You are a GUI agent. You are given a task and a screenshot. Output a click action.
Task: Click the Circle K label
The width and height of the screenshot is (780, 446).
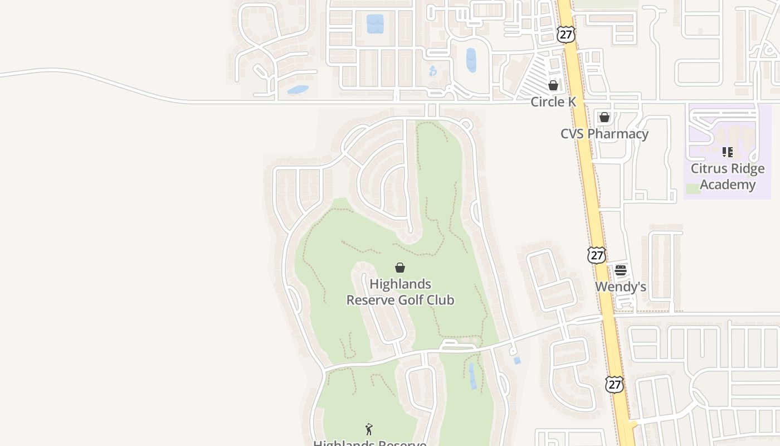tap(553, 101)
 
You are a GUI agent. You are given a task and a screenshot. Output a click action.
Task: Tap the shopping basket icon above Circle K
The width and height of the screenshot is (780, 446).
tap(553, 85)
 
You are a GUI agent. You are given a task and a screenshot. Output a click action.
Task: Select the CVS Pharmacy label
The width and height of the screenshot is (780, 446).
tap(604, 134)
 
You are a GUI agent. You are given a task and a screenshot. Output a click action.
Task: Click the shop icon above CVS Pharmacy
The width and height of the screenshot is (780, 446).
tap(604, 117)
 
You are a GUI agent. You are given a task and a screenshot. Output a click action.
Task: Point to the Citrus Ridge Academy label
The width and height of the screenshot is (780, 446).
tap(728, 176)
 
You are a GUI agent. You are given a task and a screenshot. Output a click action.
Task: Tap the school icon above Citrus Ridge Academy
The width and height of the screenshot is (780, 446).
tap(727, 152)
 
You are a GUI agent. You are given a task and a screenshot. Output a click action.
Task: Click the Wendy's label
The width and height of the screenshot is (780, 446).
tap(620, 287)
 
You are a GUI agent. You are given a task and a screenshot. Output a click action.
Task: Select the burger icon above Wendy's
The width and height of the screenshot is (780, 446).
tap(621, 270)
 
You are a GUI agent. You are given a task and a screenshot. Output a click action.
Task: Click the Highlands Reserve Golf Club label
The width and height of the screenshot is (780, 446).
tap(400, 292)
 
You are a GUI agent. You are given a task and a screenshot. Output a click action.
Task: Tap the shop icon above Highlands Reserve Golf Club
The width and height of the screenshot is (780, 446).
tap(400, 268)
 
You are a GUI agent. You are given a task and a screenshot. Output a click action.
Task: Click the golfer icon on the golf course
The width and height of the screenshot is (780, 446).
tap(369, 429)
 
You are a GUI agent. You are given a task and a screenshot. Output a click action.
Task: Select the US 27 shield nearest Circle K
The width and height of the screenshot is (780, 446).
tap(565, 34)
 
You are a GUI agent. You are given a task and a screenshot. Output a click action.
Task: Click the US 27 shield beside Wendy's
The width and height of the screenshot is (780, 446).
tap(596, 255)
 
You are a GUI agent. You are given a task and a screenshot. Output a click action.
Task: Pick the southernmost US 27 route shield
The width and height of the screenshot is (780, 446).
tap(614, 384)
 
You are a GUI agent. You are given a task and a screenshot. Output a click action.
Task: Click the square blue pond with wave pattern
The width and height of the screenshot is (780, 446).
tap(375, 24)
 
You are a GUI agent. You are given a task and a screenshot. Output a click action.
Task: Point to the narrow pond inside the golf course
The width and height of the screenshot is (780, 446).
tap(472, 376)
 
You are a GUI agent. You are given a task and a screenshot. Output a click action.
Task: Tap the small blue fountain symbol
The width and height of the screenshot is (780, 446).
tap(433, 71)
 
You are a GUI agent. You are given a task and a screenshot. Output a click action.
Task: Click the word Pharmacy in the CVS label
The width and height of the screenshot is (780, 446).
tap(621, 134)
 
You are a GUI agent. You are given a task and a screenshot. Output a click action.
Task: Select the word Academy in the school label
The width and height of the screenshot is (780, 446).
tap(728, 185)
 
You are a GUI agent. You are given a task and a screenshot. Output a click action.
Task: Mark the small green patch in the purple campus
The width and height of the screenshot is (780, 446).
tap(693, 188)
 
